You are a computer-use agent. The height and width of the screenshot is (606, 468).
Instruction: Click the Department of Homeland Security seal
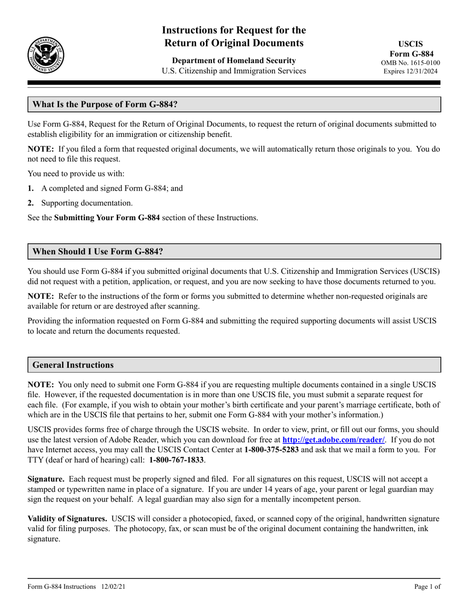tap(45, 55)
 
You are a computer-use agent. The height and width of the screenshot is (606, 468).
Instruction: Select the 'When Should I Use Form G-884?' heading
tap(98, 251)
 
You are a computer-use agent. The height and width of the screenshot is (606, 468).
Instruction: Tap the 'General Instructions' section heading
tap(73, 365)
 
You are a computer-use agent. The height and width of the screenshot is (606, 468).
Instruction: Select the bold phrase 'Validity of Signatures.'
tap(67, 519)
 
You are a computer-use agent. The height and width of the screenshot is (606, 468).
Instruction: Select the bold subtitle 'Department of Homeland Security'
tap(234, 61)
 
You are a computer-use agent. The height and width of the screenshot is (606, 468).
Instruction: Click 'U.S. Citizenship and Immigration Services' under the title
tap(234, 71)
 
